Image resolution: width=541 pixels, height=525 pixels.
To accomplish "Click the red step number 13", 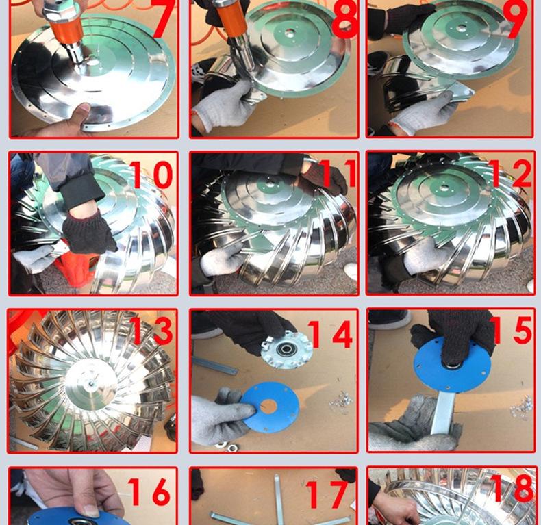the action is point(151,331).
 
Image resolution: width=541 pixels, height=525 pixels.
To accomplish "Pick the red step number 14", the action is point(330,334).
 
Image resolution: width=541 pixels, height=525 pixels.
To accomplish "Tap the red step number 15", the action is point(510,331).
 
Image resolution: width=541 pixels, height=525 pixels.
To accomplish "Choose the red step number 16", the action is point(149,492).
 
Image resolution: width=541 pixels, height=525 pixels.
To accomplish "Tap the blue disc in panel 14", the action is point(270,407).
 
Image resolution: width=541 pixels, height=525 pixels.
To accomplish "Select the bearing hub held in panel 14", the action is point(286,349).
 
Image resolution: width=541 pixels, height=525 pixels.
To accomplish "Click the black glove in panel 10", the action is point(89,231).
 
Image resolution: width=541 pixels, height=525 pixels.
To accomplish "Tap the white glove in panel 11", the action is point(221,259).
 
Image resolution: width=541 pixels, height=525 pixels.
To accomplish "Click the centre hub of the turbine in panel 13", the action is point(91,383).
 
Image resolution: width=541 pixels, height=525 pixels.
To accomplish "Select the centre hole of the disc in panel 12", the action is point(444,188).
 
